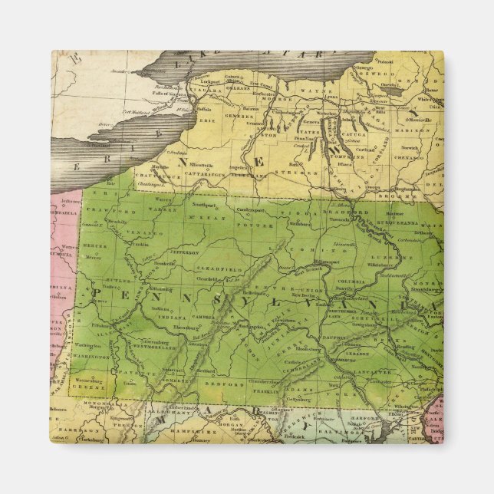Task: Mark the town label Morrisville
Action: click(422, 120)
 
